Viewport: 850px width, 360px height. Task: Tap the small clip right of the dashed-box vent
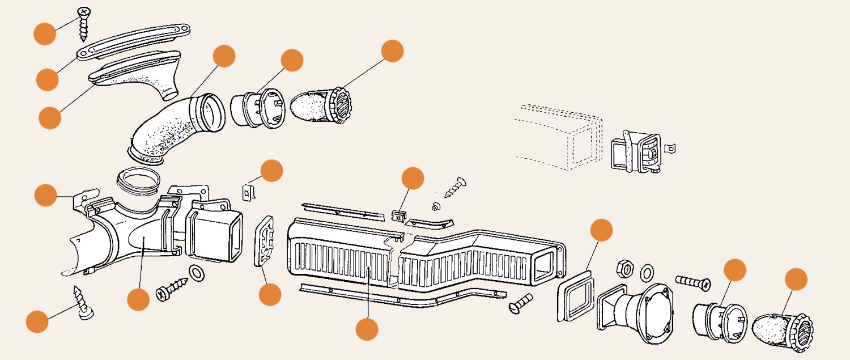[x=670, y=149]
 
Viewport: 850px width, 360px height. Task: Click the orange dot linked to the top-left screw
[x=45, y=33]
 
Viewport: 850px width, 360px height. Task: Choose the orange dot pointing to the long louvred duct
[x=367, y=329]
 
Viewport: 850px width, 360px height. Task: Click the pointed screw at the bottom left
[x=83, y=303]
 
